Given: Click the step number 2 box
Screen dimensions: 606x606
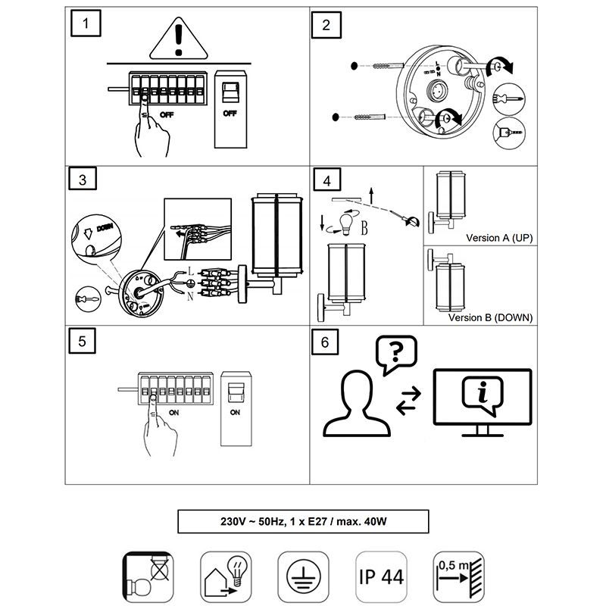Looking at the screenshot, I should (326, 24).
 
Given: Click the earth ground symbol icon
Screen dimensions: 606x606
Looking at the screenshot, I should (302, 576).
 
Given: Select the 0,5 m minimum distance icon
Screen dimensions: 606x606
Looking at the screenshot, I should (458, 576).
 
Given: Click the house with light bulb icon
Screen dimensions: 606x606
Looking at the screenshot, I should (225, 576).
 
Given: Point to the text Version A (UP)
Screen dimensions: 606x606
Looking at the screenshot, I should (499, 238).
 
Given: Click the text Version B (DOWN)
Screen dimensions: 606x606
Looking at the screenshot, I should (490, 317).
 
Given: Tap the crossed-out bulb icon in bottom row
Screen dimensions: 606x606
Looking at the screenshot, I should (148, 576).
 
